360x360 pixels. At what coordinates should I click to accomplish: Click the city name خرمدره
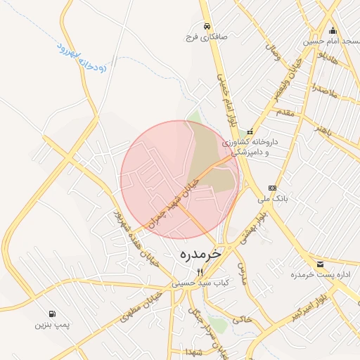click(200, 252)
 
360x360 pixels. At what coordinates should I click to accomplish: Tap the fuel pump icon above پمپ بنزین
click(52, 314)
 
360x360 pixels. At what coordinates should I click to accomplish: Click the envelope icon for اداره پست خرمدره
click(321, 264)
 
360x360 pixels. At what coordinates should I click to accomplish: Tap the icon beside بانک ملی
click(273, 188)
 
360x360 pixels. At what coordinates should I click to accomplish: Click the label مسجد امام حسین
click(331, 41)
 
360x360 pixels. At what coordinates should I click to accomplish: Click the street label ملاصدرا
click(326, 91)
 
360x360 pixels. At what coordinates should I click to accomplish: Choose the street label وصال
click(273, 51)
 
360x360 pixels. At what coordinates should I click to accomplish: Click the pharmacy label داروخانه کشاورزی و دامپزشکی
click(250, 146)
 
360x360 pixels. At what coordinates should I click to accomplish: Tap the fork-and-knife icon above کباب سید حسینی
click(200, 272)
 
